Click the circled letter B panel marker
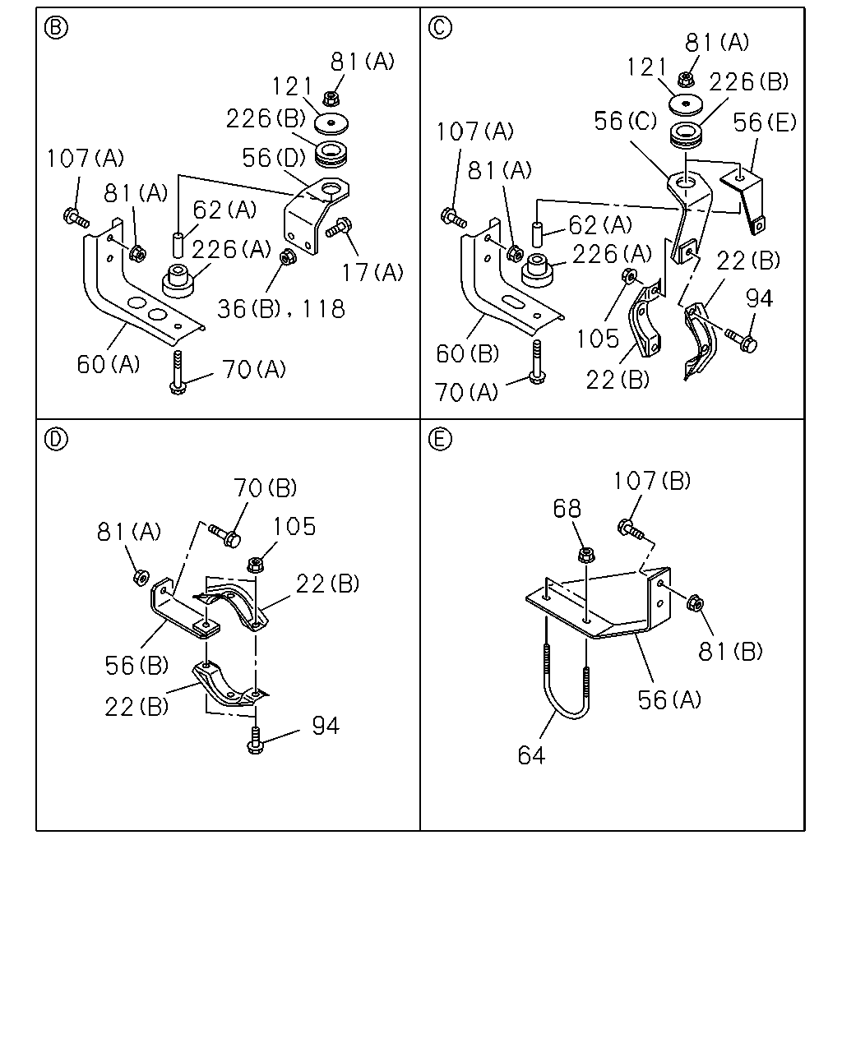56,28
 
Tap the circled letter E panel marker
440,439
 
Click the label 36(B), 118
281,309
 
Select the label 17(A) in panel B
372,272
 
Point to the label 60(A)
109,364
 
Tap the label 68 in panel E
567,509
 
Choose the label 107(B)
652,481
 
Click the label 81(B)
730,651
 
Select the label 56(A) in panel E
669,699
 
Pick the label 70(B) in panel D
265,487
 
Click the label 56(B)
136,665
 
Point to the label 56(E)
765,122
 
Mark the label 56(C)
626,121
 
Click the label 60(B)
468,353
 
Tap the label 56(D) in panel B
274,158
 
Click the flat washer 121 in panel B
331,123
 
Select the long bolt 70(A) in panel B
178,372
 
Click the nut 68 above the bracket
585,555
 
